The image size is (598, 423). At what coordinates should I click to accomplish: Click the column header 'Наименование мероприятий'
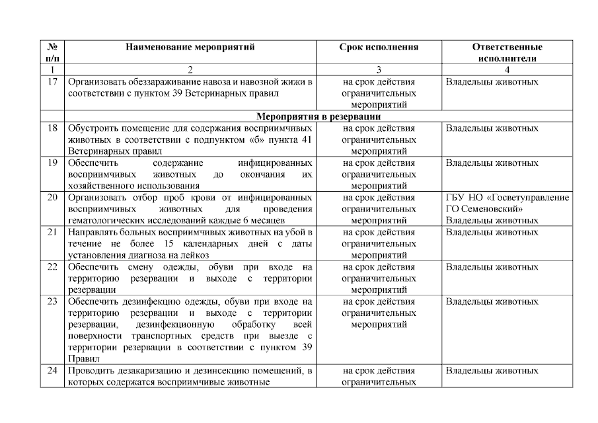coord(190,48)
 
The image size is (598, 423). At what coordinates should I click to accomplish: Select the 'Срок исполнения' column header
coord(379,48)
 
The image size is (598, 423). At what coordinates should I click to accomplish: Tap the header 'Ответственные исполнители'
coord(507,52)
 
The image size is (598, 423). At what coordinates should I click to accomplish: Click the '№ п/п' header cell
coord(52,52)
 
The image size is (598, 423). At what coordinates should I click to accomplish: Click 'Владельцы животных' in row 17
coord(492,83)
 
